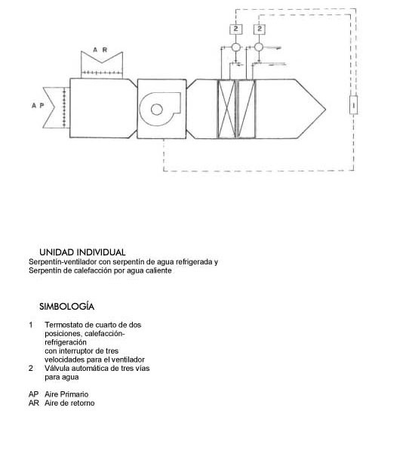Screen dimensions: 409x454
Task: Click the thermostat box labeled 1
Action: [353, 105]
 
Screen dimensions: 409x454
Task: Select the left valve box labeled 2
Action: [236, 29]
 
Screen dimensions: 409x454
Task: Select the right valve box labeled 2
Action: [260, 29]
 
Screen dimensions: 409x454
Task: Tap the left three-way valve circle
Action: [236, 47]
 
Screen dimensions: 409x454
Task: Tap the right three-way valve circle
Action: [259, 47]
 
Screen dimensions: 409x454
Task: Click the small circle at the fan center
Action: [157, 110]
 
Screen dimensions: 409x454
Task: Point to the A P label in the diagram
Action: [38, 106]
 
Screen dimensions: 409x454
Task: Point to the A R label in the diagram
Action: [100, 50]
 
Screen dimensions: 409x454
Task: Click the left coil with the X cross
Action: [226, 109]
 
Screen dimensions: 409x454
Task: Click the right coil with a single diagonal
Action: [247, 109]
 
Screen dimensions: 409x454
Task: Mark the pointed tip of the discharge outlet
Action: [326, 110]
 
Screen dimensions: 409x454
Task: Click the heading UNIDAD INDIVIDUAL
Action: [82, 252]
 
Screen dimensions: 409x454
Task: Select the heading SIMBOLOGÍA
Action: [67, 307]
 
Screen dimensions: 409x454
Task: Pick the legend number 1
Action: [31, 325]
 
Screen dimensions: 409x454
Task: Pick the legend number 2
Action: [31, 369]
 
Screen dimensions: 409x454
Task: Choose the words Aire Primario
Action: [66, 394]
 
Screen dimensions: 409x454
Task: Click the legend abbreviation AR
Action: [33, 403]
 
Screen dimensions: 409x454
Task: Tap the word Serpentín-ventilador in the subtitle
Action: [63, 262]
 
